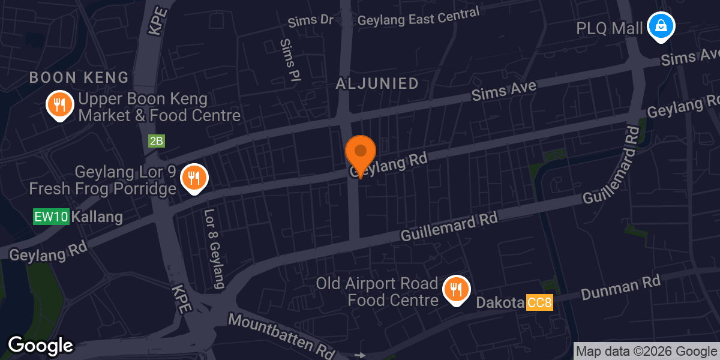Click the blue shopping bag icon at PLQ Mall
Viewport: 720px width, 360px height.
coord(661,26)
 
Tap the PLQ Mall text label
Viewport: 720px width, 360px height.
coord(609,28)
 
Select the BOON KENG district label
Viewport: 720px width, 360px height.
coord(79,77)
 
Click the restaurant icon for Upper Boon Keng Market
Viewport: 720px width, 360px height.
coord(59,105)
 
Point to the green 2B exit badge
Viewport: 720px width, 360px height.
coord(156,141)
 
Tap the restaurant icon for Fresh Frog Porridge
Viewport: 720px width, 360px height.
coord(194,178)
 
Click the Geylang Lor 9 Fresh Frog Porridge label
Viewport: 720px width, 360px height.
coord(103,181)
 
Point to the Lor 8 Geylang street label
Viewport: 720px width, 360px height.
coord(214,248)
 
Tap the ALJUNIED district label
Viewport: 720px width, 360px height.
coord(377,83)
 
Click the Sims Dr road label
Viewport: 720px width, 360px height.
coord(310,21)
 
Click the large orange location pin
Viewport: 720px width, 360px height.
coord(361,153)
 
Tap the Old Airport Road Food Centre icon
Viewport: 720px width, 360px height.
coord(456,290)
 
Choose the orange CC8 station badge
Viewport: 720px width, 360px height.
coord(539,303)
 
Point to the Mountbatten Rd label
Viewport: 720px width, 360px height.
coord(281,334)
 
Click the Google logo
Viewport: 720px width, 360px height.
coord(40,346)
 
